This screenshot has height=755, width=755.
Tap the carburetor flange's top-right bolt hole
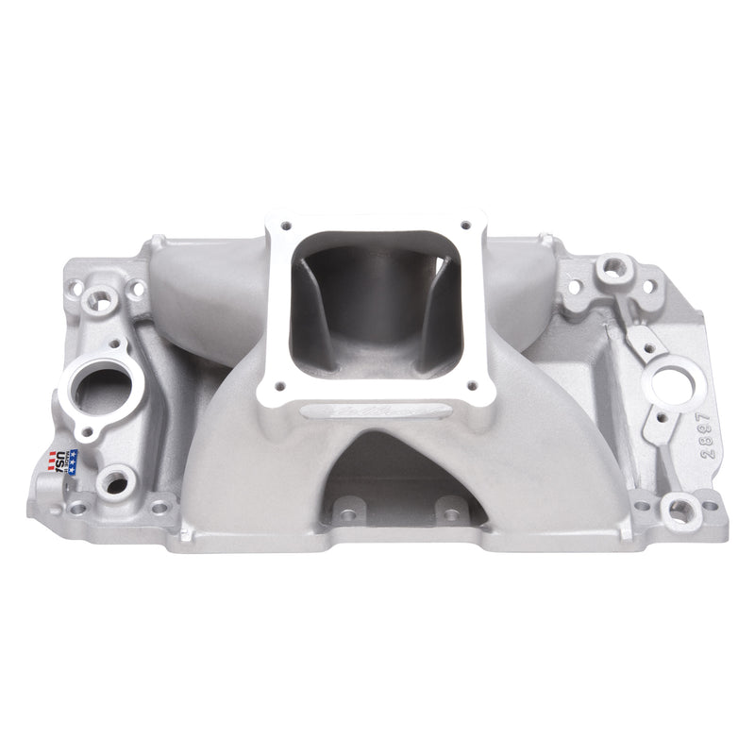pyautogui.click(x=465, y=225)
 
